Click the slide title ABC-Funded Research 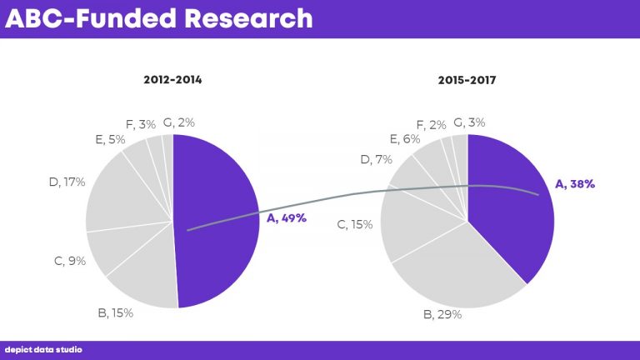coord(159,18)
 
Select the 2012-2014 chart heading coord(172,81)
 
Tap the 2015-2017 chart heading coord(467,81)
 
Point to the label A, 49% coord(287,218)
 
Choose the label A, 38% coord(575,183)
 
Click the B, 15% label coord(115,313)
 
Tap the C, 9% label coord(70,261)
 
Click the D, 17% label coord(67,182)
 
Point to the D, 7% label coord(376,159)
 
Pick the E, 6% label coord(405,139)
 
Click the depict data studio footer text coord(43,350)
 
